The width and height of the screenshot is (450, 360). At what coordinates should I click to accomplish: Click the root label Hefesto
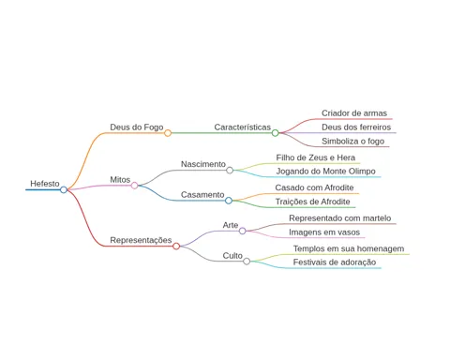click(x=45, y=184)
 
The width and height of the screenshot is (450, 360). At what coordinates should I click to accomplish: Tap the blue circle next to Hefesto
click(x=64, y=189)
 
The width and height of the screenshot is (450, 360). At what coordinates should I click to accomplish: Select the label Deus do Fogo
click(x=137, y=127)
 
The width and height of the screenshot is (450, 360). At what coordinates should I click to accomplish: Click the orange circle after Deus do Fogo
click(x=168, y=133)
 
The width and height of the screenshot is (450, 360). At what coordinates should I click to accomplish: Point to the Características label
click(x=243, y=127)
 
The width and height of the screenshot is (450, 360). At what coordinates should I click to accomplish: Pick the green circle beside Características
click(x=275, y=133)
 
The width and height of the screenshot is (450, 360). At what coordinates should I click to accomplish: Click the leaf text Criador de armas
click(x=354, y=113)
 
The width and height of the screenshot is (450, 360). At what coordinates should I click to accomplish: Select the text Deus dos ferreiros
click(x=356, y=127)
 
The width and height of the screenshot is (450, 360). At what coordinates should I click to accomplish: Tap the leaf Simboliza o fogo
click(x=353, y=142)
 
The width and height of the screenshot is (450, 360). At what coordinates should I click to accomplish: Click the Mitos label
click(x=120, y=180)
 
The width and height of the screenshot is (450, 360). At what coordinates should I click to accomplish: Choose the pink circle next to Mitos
click(x=134, y=186)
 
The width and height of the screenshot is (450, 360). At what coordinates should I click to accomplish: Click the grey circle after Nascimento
click(x=230, y=170)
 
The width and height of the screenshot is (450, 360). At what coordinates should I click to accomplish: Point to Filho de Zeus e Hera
click(x=316, y=157)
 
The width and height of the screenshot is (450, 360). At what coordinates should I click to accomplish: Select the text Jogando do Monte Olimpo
click(x=325, y=172)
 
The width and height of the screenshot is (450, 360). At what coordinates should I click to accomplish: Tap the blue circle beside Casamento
click(x=229, y=201)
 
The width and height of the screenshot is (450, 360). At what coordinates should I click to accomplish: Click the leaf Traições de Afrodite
click(x=312, y=202)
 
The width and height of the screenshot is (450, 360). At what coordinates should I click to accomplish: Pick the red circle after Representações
click(x=176, y=247)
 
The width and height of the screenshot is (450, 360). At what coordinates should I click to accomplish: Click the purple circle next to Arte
click(x=243, y=231)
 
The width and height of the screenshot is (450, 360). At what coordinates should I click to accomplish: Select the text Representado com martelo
click(x=340, y=218)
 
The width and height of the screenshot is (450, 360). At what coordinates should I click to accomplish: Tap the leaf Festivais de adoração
click(x=335, y=262)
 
